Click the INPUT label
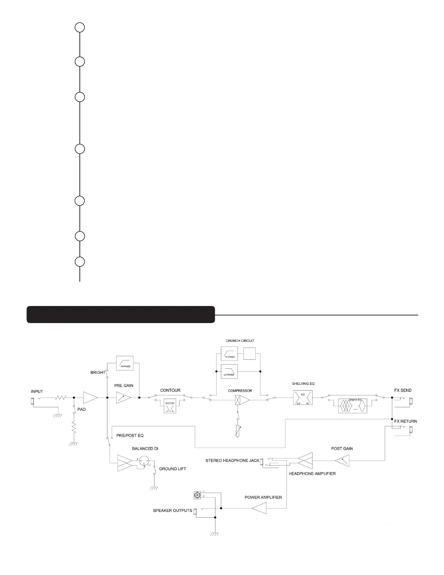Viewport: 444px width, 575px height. pyautogui.click(x=37, y=392)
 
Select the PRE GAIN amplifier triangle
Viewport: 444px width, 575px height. pyautogui.click(x=123, y=398)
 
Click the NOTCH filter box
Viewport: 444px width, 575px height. pyautogui.click(x=170, y=405)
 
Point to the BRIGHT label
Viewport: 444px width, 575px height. pyautogui.click(x=98, y=372)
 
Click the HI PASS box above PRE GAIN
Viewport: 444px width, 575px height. pyautogui.click(x=124, y=363)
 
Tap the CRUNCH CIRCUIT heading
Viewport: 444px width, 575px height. pyautogui.click(x=240, y=341)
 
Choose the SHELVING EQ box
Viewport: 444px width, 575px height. pyautogui.click(x=303, y=398)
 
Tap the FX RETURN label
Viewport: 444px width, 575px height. pyautogui.click(x=406, y=421)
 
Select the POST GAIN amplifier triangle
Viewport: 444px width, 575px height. pyautogui.click(x=342, y=462)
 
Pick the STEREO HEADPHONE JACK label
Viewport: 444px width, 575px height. pyautogui.click(x=233, y=461)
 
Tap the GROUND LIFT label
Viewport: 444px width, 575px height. pyautogui.click(x=172, y=469)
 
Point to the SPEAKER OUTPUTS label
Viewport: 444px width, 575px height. pyautogui.click(x=172, y=511)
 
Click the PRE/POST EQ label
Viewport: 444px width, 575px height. pyautogui.click(x=130, y=436)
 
